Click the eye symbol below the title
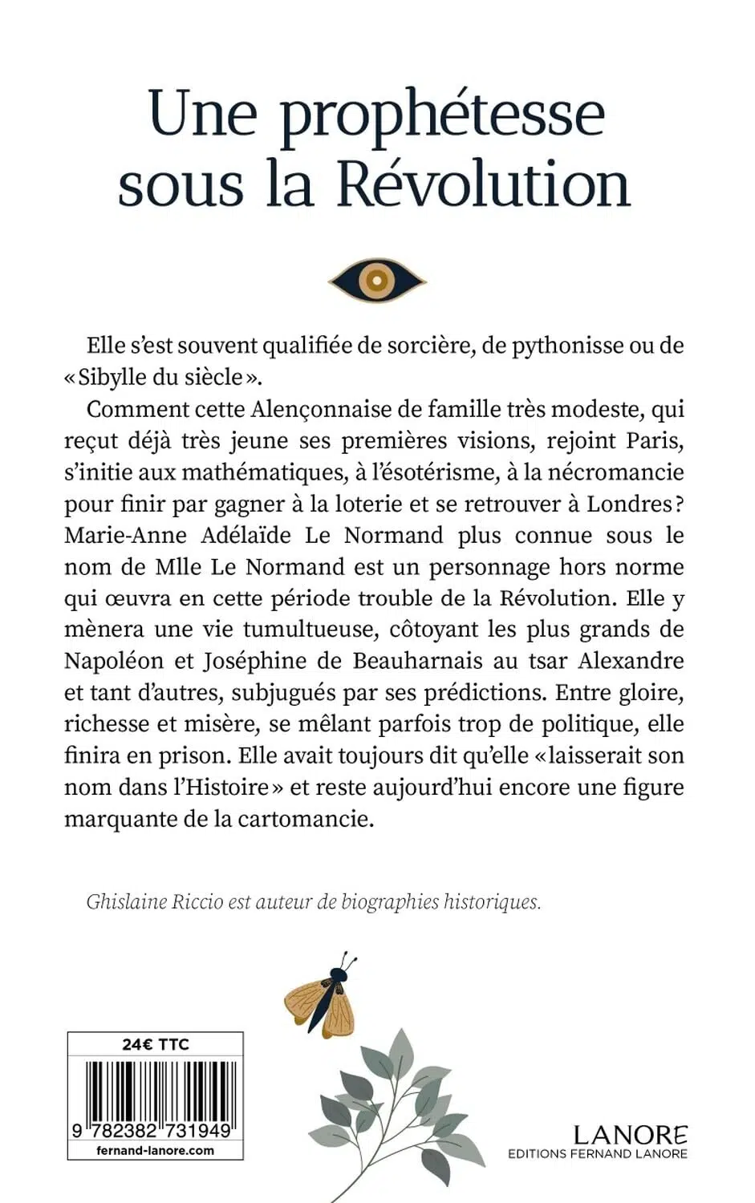[377, 280]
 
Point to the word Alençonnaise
[335, 409]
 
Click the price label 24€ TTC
[155, 1044]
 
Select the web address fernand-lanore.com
[155, 1149]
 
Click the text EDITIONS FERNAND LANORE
[597, 1154]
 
